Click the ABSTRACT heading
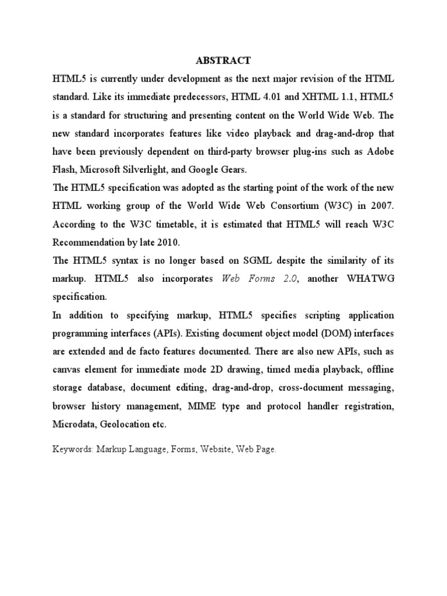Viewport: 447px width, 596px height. [x=223, y=61]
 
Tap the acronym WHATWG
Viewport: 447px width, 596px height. [x=371, y=279]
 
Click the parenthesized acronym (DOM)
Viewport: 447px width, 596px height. [x=342, y=334]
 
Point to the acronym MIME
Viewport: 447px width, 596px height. [x=201, y=406]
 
